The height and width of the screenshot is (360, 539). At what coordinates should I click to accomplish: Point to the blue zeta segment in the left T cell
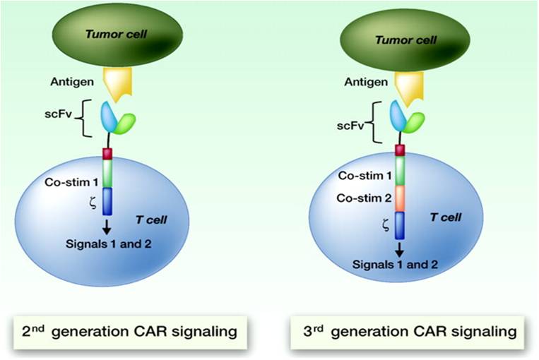[x=107, y=201]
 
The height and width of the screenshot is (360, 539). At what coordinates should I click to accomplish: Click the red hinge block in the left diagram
[x=107, y=153]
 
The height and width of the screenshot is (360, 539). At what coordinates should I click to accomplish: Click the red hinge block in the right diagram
[x=399, y=149]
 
